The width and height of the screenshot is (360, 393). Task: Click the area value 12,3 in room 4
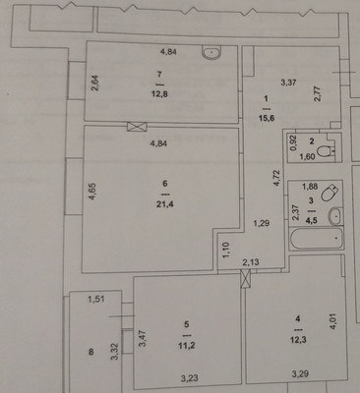[x=299, y=338]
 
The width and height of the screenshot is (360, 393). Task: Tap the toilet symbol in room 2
[x=331, y=148]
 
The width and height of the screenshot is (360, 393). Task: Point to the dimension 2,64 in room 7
[x=95, y=84]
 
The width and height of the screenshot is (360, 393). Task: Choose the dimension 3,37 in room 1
[x=289, y=83]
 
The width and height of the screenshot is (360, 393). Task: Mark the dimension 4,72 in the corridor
[x=276, y=178]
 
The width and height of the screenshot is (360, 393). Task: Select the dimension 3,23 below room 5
[x=190, y=377]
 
